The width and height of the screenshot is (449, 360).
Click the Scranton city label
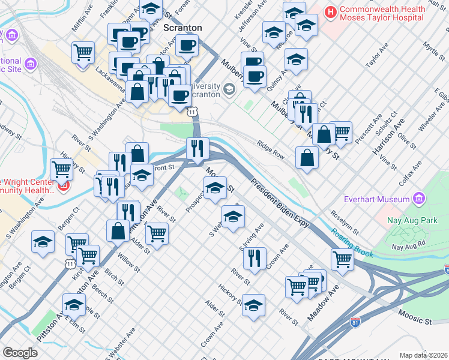click(182, 28)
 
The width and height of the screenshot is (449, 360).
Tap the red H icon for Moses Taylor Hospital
click(330, 11)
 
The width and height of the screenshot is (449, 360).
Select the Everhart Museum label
click(376, 199)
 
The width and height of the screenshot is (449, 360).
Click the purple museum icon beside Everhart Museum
click(419, 199)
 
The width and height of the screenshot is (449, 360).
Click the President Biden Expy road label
click(280, 204)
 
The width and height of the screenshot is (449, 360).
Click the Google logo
click(20, 353)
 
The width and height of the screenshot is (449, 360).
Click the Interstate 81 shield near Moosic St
click(355, 323)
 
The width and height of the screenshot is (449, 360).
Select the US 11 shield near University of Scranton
click(191, 112)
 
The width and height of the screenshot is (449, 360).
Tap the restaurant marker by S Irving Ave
click(255, 257)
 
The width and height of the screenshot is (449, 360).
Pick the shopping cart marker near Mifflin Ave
click(83, 52)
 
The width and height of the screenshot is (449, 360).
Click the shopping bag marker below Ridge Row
click(307, 158)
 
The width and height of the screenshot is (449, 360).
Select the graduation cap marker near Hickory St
click(253, 304)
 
